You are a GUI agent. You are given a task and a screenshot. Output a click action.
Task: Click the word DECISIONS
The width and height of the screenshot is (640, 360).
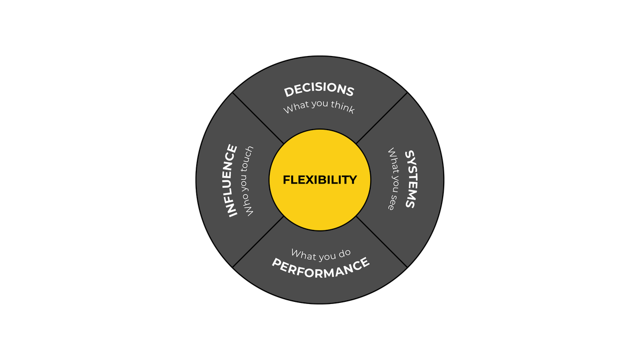(319, 90)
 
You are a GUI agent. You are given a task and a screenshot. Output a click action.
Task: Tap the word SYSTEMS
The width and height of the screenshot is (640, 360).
(410, 179)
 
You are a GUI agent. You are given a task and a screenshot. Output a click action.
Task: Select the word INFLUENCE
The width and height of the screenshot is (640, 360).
(230, 180)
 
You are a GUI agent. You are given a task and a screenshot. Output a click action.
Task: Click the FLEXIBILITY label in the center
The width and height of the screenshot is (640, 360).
(319, 180)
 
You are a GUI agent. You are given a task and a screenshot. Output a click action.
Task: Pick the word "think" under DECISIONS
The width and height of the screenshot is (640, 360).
(342, 106)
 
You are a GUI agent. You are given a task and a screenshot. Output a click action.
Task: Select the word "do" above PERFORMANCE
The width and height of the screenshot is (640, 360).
(344, 252)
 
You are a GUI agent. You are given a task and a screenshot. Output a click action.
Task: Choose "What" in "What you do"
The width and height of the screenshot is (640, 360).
(302, 254)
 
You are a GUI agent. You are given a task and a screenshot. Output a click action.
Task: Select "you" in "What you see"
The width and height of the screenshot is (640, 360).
(392, 183)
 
